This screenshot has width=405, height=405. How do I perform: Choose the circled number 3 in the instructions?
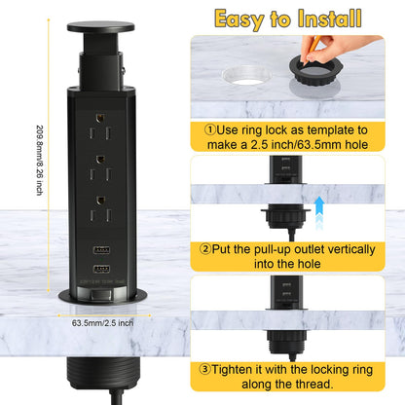[207, 370]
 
